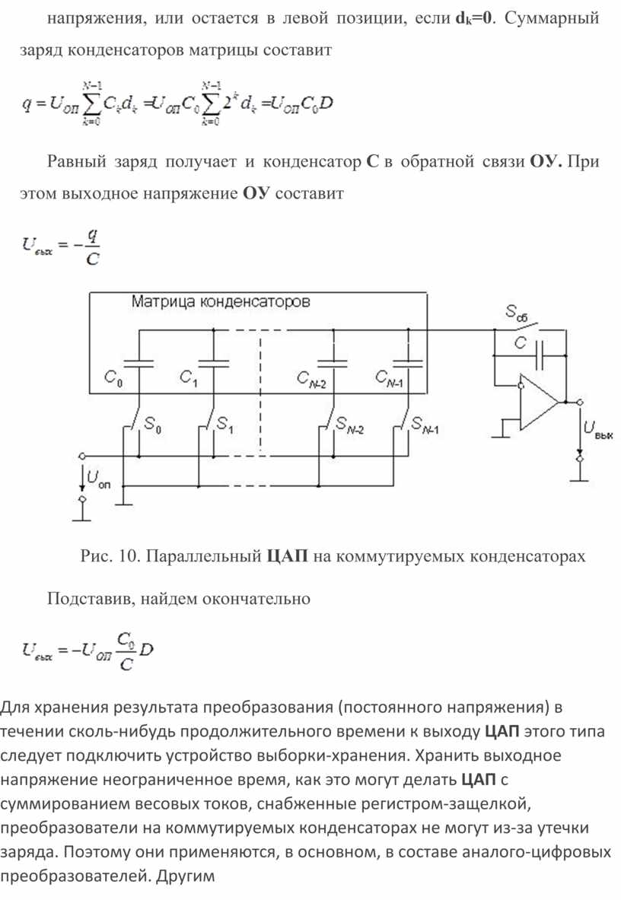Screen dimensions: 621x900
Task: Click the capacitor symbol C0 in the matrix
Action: (x=139, y=364)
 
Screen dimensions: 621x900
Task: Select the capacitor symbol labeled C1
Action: (x=214, y=364)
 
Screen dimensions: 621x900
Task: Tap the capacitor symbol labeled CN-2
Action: (x=333, y=364)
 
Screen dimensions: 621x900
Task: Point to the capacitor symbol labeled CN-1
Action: (x=407, y=364)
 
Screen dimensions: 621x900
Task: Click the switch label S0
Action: (x=153, y=425)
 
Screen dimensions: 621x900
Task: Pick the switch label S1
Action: (x=225, y=425)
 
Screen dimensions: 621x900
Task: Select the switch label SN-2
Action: (x=349, y=425)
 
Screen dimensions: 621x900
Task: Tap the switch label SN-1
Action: (x=425, y=425)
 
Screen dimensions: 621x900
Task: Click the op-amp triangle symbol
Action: (x=539, y=402)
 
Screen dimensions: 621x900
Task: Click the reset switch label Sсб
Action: (x=516, y=313)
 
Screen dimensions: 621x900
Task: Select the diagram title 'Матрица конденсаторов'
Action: (x=221, y=301)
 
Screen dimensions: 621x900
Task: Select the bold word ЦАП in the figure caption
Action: (x=288, y=555)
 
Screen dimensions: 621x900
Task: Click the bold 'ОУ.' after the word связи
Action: (x=546, y=161)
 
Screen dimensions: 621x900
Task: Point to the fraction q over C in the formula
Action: (x=92, y=246)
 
